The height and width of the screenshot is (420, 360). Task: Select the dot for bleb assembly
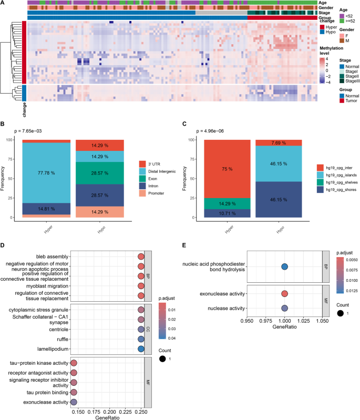click(x=140, y=257)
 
